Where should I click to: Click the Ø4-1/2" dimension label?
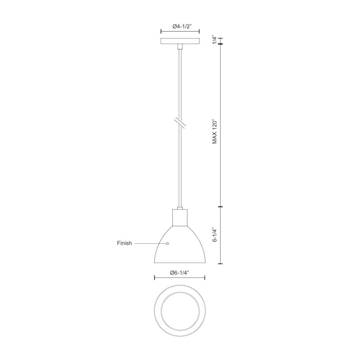180,26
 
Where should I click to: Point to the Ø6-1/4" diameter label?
180,273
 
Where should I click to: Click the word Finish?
124,243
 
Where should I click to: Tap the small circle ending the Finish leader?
167,244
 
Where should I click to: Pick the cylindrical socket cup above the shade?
180,217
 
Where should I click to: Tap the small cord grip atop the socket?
180,208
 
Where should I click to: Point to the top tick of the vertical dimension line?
220,38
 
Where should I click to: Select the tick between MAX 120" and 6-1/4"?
220,207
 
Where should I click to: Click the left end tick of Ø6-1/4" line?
154,278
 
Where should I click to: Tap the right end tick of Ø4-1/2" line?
199,31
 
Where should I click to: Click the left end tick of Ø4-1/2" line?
161,31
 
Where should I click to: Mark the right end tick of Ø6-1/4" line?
205,278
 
